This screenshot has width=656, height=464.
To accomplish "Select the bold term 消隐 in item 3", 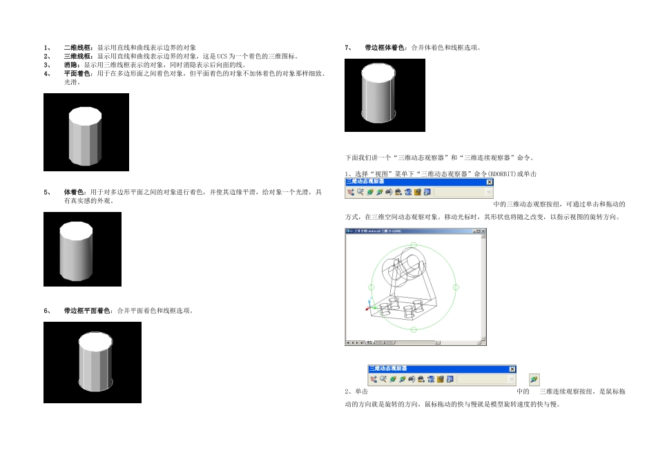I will (70, 64).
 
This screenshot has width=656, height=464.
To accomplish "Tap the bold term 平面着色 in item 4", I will (75, 72).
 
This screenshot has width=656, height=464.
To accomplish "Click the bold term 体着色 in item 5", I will (72, 191).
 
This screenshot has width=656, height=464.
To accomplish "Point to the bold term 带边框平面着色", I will (87, 311).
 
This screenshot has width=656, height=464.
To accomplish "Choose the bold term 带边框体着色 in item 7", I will (386, 48).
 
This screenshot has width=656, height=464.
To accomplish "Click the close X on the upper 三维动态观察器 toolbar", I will (490, 182).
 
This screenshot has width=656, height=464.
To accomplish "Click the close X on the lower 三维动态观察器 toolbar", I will (512, 369).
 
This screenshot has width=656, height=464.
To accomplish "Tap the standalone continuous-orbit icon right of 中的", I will (534, 380).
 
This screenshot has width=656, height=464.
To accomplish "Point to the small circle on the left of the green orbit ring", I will (372, 286).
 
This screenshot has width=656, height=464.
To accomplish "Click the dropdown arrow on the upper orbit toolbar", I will (489, 193).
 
